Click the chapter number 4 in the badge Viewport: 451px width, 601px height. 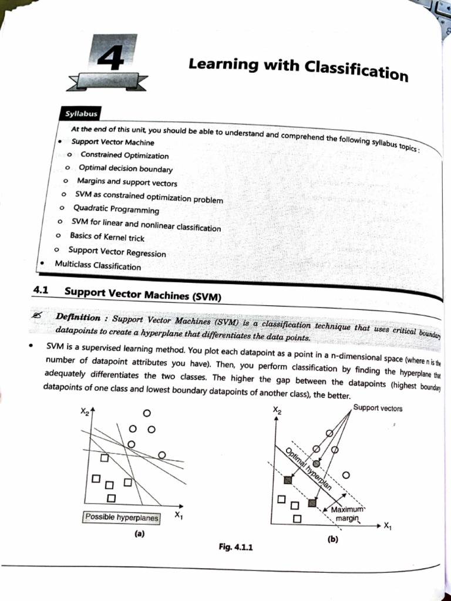tap(111, 58)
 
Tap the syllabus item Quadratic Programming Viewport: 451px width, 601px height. tap(116, 210)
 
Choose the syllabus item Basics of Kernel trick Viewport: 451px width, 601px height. tap(107, 237)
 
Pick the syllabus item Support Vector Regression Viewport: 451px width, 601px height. tap(117, 252)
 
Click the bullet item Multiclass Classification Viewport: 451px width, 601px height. tap(98, 266)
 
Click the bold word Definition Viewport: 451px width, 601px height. tap(78, 317)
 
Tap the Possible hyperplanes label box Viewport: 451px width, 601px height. tap(122, 518)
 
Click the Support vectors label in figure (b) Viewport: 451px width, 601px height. tap(378, 408)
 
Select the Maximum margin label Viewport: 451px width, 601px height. tap(348, 514)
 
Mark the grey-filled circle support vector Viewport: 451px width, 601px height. tap(317, 464)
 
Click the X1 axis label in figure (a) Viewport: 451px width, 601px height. tap(179, 515)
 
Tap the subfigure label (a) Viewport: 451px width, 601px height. tap(139, 534)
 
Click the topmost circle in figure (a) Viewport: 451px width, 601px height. tap(147, 413)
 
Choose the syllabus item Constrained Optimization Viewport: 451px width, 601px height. tap(124, 156)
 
